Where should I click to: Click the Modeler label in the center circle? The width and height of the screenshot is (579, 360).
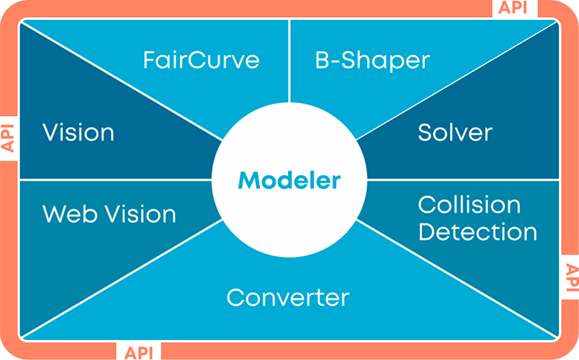(x=289, y=180)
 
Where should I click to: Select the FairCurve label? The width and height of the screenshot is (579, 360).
(x=201, y=60)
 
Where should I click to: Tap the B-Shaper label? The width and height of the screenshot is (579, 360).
(x=373, y=60)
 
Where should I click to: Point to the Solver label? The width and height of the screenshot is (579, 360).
(x=455, y=132)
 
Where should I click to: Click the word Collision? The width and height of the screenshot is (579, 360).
(x=469, y=204)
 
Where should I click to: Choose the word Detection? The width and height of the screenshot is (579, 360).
(x=477, y=232)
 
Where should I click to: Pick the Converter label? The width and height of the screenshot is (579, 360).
(x=287, y=298)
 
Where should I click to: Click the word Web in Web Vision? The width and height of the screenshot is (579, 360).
(x=70, y=214)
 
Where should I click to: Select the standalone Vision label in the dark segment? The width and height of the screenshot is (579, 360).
(x=78, y=132)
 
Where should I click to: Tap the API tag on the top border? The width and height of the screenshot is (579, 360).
(x=513, y=8)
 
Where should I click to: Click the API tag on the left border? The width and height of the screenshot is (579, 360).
(x=8, y=138)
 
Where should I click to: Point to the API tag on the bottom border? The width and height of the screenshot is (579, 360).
(x=139, y=352)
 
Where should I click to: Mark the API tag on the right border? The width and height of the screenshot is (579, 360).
(x=572, y=278)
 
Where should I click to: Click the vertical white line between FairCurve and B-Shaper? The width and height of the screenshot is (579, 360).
(x=289, y=61)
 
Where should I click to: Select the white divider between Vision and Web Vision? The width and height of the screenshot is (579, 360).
(x=115, y=180)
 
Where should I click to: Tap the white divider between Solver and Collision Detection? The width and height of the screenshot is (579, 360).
(x=463, y=180)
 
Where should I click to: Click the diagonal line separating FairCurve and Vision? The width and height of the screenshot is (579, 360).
(x=121, y=81)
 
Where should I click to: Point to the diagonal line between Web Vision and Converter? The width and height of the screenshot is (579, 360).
(x=121, y=278)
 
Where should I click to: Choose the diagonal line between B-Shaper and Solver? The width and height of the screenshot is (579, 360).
(x=457, y=81)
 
